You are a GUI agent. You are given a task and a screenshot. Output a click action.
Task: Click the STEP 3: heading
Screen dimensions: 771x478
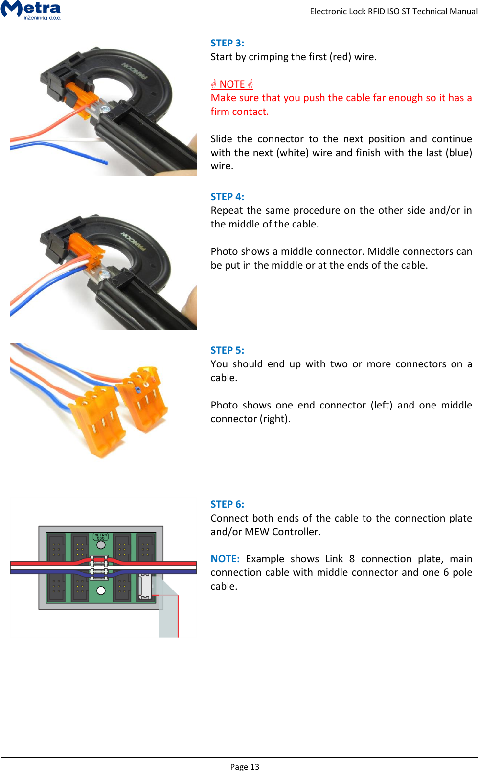pos(227,43)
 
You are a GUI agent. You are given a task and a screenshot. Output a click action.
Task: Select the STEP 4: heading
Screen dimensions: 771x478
pos(227,197)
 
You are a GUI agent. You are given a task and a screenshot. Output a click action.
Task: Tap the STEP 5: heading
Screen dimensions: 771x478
pos(227,350)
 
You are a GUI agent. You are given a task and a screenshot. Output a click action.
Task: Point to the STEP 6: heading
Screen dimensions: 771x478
pos(227,504)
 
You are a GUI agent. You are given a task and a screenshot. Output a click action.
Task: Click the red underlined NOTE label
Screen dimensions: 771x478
pos(232,84)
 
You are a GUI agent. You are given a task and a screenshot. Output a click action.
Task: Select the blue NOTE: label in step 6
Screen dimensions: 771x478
pos(225,559)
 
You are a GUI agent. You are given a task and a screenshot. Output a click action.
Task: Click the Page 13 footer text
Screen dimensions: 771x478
pos(245,767)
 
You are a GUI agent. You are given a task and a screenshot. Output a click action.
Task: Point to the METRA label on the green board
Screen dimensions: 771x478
pos(101,536)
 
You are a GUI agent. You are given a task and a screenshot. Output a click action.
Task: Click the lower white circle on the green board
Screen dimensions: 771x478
pos(101,590)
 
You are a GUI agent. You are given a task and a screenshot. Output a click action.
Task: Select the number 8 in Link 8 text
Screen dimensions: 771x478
pos(352,559)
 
